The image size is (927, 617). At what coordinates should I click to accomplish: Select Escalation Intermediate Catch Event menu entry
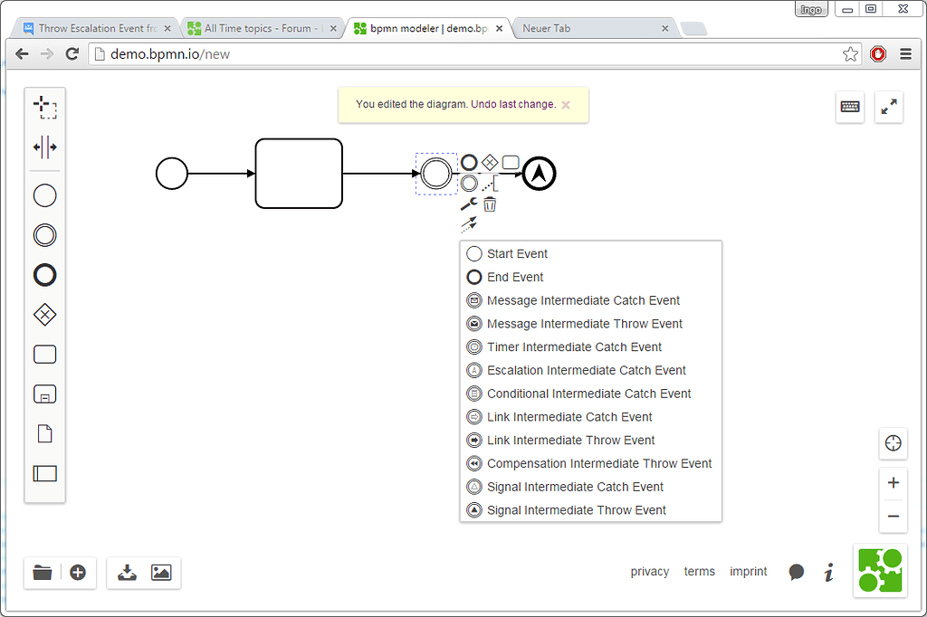pyautogui.click(x=586, y=370)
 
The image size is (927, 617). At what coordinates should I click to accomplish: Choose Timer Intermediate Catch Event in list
pyautogui.click(x=574, y=346)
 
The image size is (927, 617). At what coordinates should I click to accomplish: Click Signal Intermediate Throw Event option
pyautogui.click(x=576, y=510)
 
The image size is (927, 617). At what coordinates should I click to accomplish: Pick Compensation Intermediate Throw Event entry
pyautogui.click(x=598, y=463)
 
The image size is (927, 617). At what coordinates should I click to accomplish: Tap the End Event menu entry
pyautogui.click(x=515, y=277)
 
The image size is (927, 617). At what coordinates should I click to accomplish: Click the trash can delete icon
pyautogui.click(x=490, y=204)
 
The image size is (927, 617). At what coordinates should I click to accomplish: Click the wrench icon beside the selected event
pyautogui.click(x=469, y=204)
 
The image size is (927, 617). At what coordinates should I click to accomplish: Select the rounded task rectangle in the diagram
pyautogui.click(x=299, y=173)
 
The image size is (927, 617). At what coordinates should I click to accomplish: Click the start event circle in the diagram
pyautogui.click(x=172, y=173)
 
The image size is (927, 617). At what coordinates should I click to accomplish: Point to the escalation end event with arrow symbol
pyautogui.click(x=540, y=173)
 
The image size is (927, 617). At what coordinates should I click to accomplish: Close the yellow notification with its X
pyautogui.click(x=566, y=105)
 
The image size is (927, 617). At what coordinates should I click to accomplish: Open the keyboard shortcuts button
pyautogui.click(x=850, y=107)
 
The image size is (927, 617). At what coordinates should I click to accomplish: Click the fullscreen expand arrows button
pyautogui.click(x=889, y=107)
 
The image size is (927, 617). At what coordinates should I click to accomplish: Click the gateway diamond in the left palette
pyautogui.click(x=44, y=314)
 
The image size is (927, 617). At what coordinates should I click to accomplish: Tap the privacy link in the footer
pyautogui.click(x=650, y=572)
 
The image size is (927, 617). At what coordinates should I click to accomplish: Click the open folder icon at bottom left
pyautogui.click(x=43, y=572)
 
